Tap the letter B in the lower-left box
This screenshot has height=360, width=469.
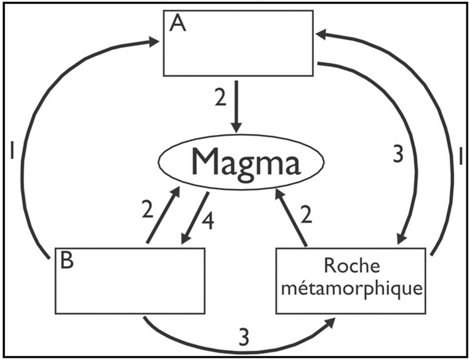(x=67, y=261)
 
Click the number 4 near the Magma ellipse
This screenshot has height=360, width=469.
(x=208, y=221)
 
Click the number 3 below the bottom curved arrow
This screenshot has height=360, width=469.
(x=243, y=337)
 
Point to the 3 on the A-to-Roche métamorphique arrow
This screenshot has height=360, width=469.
(x=398, y=155)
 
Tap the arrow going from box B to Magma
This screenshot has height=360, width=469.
(x=164, y=216)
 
